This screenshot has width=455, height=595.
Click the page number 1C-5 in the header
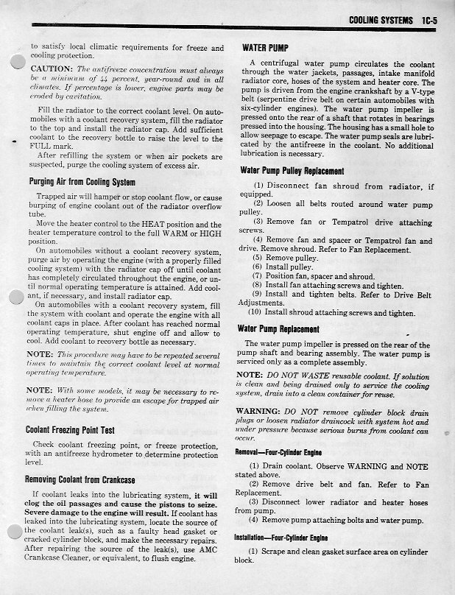click(426, 20)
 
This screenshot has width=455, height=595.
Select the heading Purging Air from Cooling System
click(81, 182)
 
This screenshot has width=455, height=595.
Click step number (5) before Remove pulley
click(257, 258)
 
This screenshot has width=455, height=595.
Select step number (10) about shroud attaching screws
click(258, 313)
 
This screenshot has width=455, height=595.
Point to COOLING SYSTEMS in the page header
click(381, 20)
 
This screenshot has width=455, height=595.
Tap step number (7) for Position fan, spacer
click(257, 276)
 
